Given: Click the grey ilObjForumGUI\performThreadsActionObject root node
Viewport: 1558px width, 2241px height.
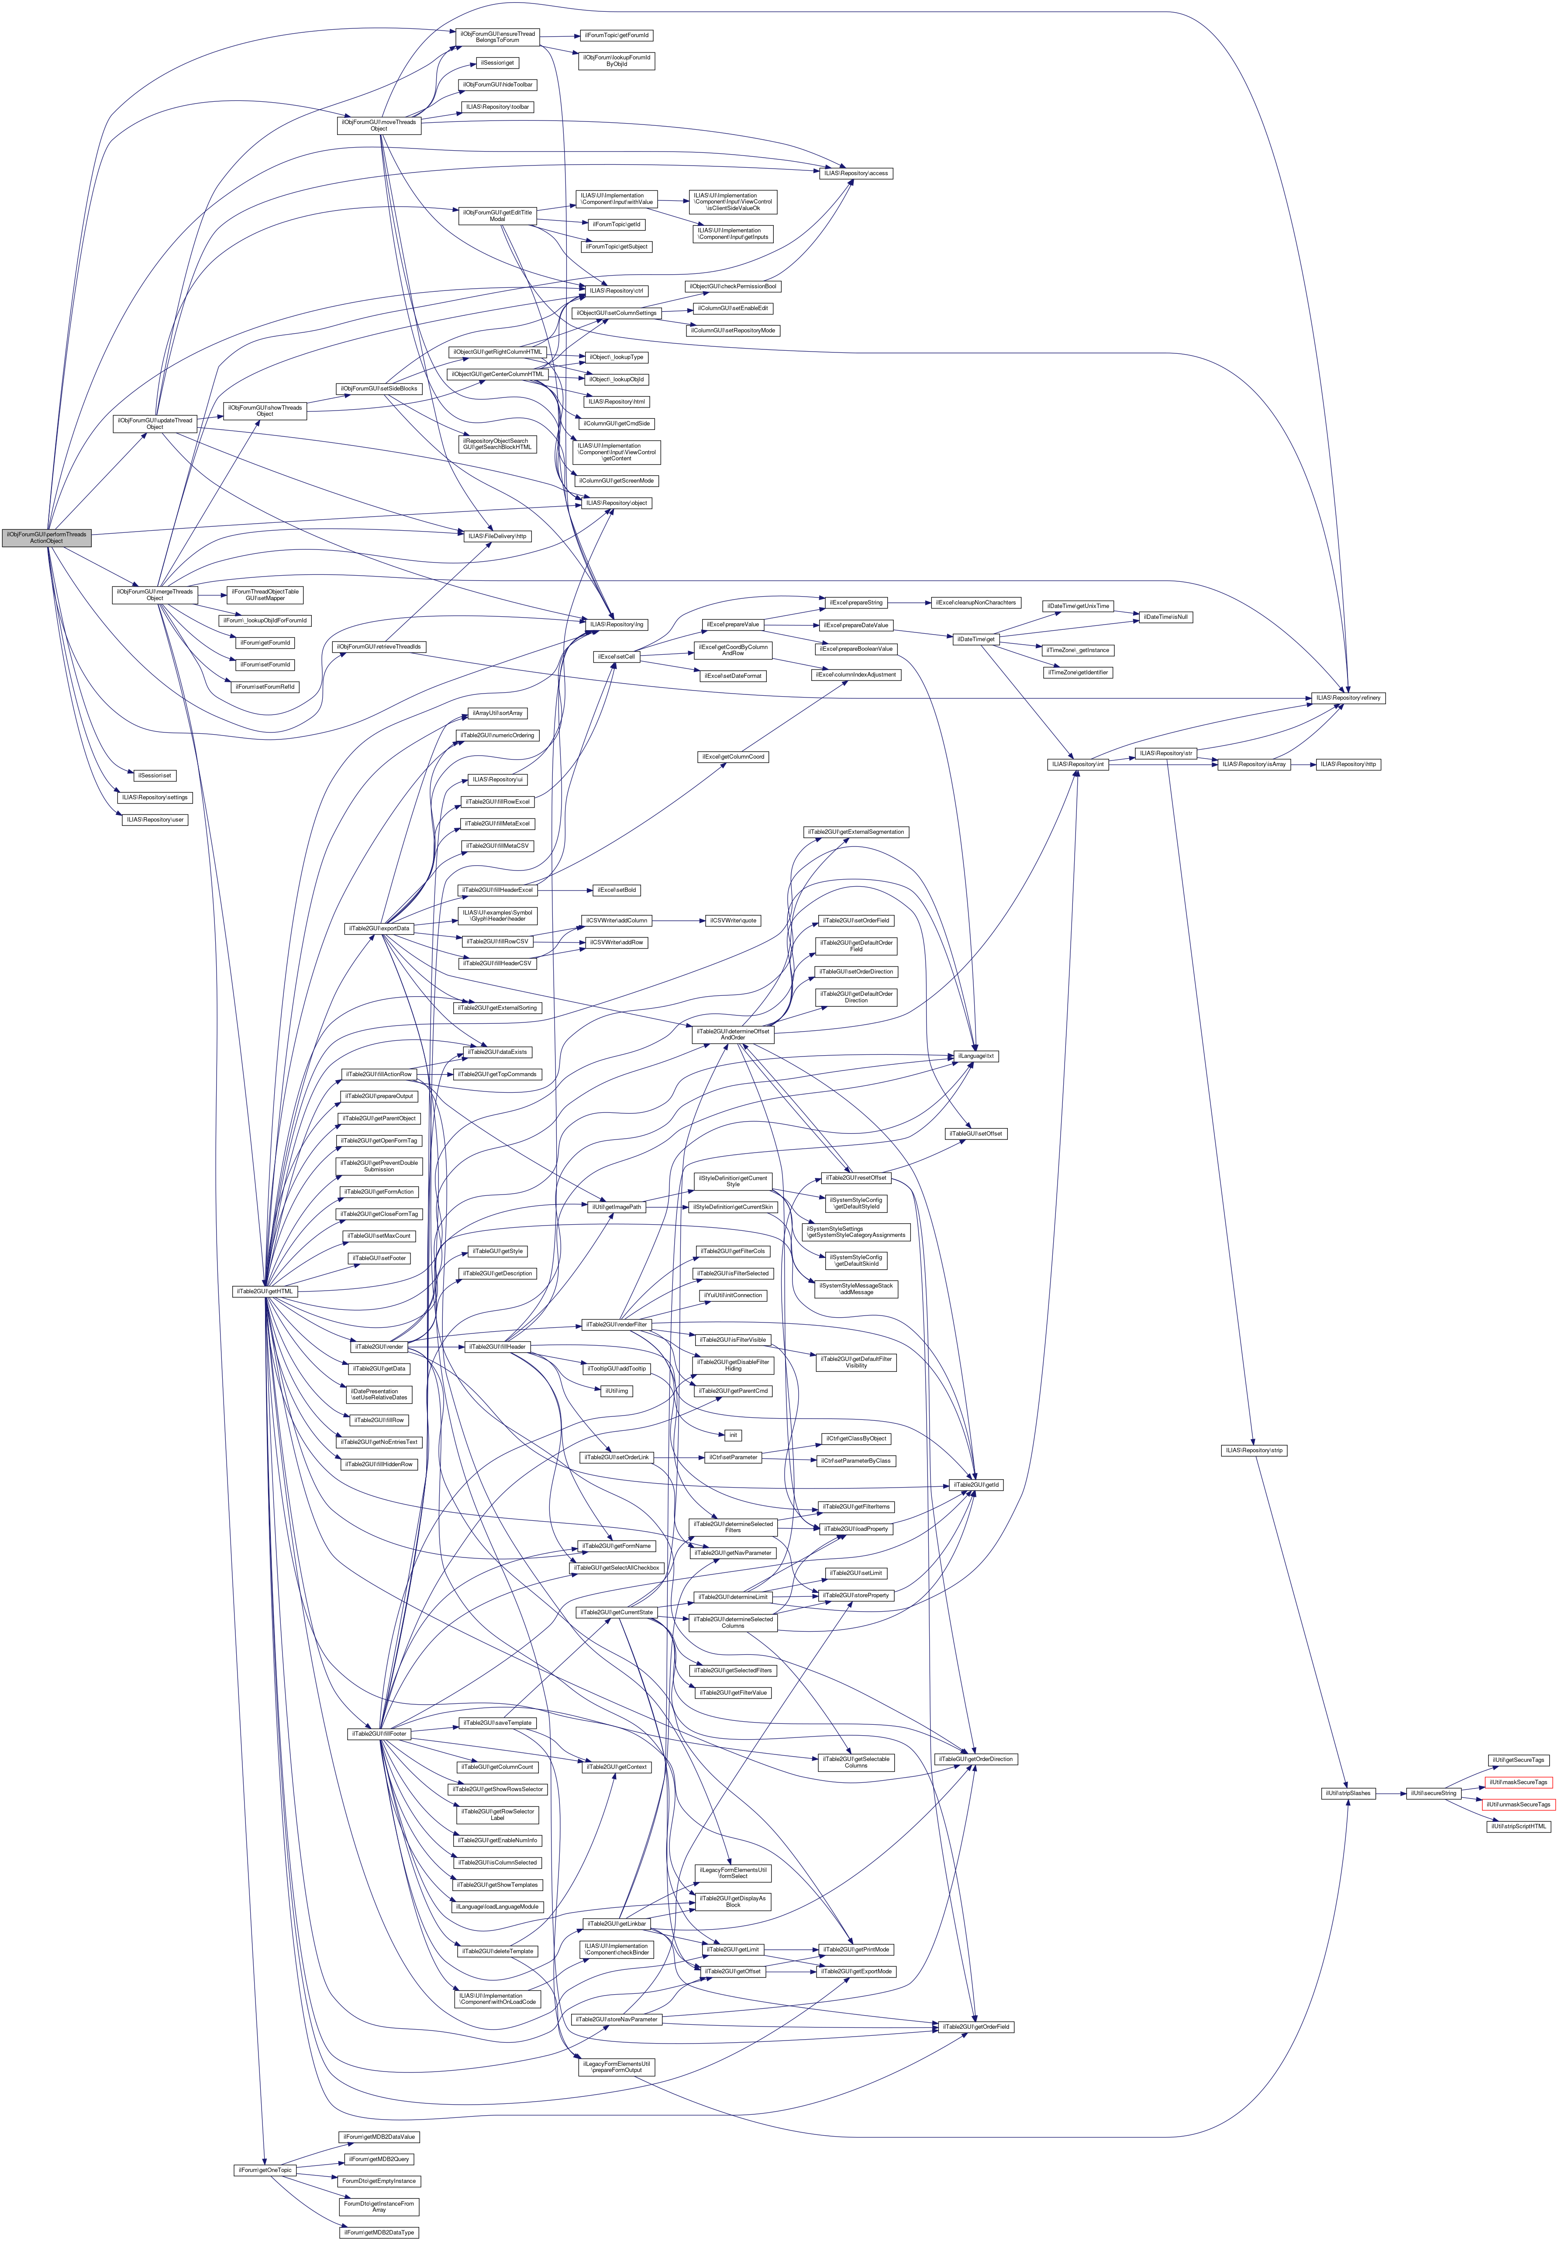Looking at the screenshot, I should point(46,538).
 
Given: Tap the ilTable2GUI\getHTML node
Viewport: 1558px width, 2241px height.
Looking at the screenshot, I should point(263,1291).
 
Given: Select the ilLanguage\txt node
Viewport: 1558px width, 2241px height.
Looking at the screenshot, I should point(976,1056).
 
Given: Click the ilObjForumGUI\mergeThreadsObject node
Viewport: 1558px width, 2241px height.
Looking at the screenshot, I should point(154,594).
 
